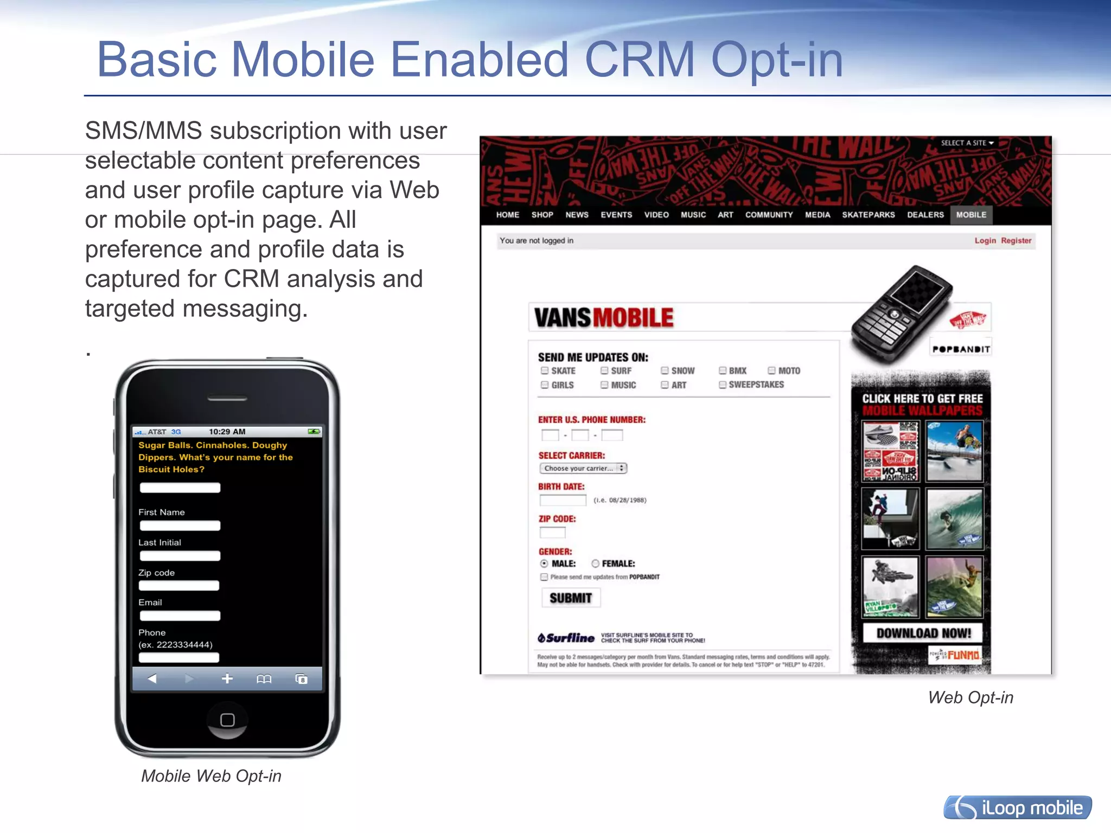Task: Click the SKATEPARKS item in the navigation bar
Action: [868, 215]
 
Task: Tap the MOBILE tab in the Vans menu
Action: [971, 215]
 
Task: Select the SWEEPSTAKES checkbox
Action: [723, 385]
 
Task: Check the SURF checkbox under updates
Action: [604, 371]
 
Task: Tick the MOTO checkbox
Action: [771, 371]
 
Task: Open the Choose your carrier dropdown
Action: [583, 468]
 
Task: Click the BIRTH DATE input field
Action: [563, 500]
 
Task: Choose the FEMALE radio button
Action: [596, 563]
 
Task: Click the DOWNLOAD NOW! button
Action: [923, 633]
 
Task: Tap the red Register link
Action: [1016, 240]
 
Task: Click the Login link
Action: [985, 240]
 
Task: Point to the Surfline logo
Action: [566, 638]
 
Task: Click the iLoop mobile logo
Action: [1018, 808]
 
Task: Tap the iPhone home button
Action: [227, 720]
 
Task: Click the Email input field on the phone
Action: [180, 616]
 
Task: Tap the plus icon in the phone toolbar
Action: [227, 678]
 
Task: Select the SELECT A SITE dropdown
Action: [967, 143]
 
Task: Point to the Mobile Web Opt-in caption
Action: [211, 776]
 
